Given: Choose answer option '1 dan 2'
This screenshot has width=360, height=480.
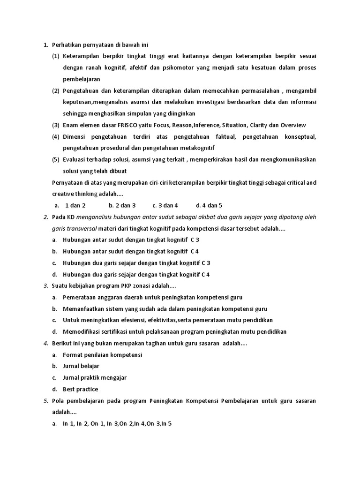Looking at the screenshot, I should coord(75,205).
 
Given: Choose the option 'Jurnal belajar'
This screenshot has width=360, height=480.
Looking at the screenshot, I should coord(81,366).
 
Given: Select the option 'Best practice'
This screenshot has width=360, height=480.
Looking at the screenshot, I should coord(81,389).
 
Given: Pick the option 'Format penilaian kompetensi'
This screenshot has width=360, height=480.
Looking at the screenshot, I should coord(103,355).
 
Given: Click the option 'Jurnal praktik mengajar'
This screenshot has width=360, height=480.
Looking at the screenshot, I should coord(95,377).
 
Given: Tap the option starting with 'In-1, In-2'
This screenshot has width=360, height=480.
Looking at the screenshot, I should coord(117,424).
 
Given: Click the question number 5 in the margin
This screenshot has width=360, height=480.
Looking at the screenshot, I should coord(46,401).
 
